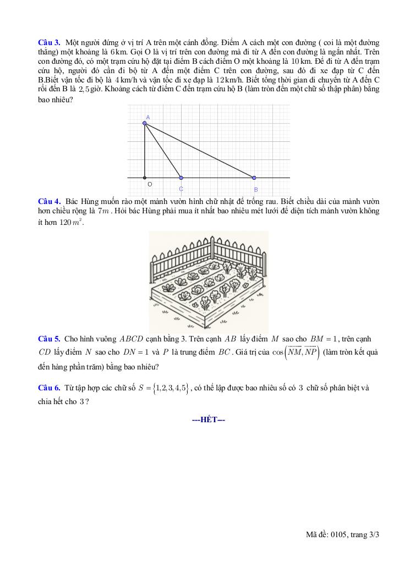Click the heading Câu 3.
(48, 42)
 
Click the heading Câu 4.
(48, 201)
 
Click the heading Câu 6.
(48, 388)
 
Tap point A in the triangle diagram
(145, 123)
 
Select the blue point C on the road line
(181, 178)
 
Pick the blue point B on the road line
(254, 178)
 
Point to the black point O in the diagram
(145, 178)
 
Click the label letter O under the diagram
(150, 185)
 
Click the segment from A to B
(199, 150)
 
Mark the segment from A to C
(163, 150)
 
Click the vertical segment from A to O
(145, 151)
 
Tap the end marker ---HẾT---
(209, 420)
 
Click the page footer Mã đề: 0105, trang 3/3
(343, 534)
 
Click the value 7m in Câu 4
(104, 212)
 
